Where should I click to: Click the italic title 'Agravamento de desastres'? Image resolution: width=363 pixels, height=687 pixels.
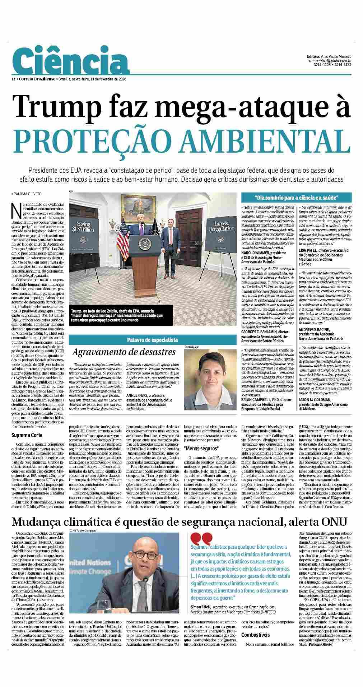point(124,352)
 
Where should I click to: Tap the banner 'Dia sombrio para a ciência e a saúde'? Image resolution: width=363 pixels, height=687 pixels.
point(296,198)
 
